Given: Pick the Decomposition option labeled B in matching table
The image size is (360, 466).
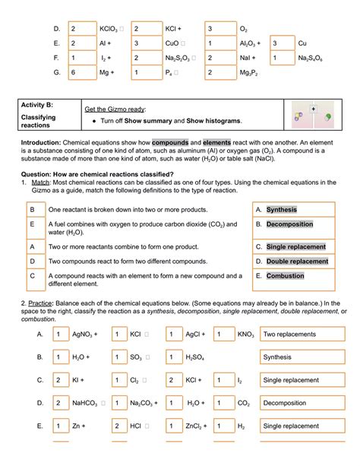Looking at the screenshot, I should click(290, 225).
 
